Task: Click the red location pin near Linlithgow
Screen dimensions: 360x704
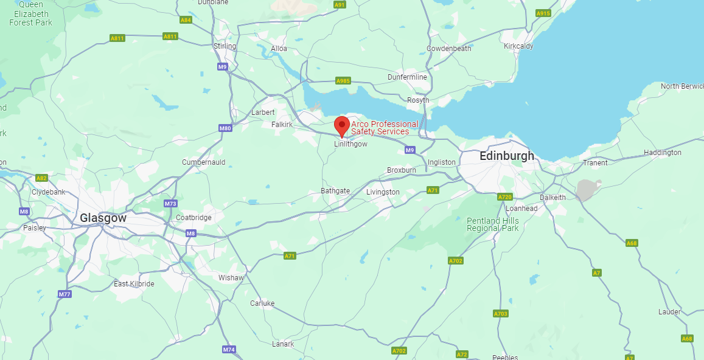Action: click(342, 126)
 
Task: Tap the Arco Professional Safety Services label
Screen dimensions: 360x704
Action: click(384, 128)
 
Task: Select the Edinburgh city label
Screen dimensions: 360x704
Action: click(507, 156)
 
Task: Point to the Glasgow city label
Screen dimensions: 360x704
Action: click(103, 218)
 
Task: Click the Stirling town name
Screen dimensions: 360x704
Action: click(225, 46)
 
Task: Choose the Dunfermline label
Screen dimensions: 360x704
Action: click(407, 77)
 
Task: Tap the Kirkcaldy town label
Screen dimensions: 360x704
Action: click(518, 46)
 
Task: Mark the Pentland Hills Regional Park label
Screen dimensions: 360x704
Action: click(493, 224)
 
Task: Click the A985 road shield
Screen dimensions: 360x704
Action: click(343, 81)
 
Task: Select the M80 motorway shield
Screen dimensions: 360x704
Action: click(225, 128)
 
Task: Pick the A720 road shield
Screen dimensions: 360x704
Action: click(505, 197)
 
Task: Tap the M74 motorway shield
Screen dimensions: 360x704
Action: click(229, 349)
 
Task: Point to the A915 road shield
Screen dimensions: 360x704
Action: click(543, 13)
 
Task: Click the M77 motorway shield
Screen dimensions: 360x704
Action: click(65, 294)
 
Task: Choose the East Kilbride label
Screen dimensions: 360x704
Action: click(134, 284)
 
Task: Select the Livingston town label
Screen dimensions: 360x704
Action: click(383, 192)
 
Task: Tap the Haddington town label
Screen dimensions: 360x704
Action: click(662, 153)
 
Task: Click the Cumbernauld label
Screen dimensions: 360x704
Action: click(203, 162)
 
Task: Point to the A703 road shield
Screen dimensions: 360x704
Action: click(500, 314)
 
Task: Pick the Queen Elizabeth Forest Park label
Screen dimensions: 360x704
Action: click(30, 14)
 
